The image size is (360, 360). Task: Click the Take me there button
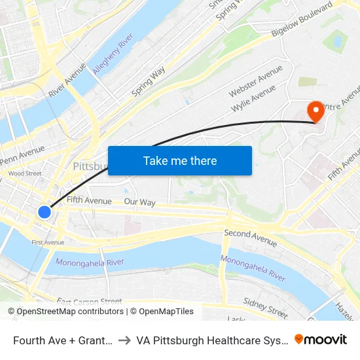point(180,160)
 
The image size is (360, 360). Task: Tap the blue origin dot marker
point(45,211)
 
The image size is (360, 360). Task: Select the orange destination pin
point(315,110)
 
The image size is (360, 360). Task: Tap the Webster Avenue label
point(255,80)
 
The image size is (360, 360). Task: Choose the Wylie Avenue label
point(253,99)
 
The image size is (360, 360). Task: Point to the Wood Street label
point(24,173)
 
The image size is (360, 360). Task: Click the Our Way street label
point(139,202)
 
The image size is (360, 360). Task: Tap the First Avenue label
point(48,242)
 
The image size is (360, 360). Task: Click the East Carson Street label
point(89,302)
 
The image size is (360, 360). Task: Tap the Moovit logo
point(321,339)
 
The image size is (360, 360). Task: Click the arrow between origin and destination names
point(124,340)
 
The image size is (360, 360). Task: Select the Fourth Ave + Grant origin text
point(62,340)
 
